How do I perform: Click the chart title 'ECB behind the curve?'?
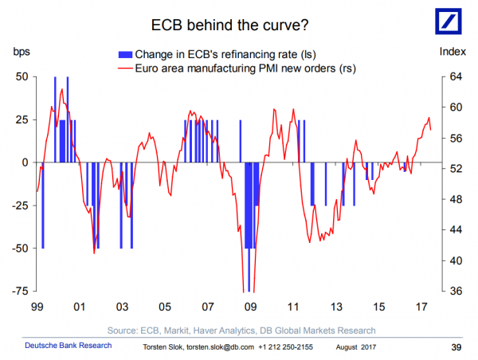230,25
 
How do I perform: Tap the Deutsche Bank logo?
448,22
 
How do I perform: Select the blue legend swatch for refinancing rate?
125,55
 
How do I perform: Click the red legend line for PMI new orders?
125,68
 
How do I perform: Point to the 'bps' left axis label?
22,52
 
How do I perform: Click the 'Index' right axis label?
453,52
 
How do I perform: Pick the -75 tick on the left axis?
20,292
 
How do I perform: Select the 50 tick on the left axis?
22,76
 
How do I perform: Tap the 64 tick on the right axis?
456,76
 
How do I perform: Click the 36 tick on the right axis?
456,292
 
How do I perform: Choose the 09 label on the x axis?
250,307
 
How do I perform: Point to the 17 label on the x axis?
421,307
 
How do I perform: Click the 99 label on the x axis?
37,307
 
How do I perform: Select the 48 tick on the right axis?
456,200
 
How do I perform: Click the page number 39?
456,347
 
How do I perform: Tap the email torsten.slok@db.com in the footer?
220,347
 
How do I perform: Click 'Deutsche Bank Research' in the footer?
69,346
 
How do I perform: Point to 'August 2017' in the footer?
356,347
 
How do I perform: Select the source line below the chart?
241,331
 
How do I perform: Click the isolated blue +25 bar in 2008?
241,141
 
